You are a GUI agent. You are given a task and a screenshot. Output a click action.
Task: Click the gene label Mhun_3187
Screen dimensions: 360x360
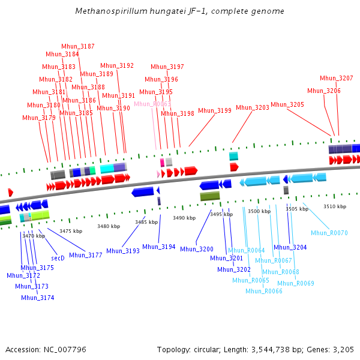click(78, 46)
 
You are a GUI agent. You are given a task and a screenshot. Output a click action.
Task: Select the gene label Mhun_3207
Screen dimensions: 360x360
click(337, 78)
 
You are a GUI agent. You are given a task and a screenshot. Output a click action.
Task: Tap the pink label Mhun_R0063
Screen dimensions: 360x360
click(152, 104)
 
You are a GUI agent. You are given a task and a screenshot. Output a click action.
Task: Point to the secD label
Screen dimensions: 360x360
click(58, 258)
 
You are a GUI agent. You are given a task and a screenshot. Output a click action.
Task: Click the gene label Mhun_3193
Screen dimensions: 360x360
click(123, 251)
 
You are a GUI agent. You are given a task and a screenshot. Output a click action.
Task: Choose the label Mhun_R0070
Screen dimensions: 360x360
click(329, 233)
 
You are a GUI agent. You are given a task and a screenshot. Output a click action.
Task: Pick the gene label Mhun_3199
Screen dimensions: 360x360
click(215, 110)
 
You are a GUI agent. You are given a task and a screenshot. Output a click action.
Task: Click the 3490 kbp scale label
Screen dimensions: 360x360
click(183, 218)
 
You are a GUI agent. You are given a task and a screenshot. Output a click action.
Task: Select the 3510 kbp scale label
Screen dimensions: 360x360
click(335, 206)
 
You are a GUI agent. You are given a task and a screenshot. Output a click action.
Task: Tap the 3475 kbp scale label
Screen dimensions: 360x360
click(70, 231)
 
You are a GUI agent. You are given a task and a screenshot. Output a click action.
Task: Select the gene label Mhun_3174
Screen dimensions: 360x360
click(38, 298)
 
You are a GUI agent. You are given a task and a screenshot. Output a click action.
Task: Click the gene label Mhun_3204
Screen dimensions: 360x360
click(290, 247)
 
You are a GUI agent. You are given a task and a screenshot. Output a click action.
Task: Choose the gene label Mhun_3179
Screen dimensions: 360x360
click(39, 118)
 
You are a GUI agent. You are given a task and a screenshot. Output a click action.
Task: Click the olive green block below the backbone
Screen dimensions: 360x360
click(210, 196)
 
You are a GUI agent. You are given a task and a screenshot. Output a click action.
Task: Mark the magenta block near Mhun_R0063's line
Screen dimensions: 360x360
click(162, 163)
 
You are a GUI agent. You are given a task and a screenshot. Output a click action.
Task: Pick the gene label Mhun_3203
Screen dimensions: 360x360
click(253, 107)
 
